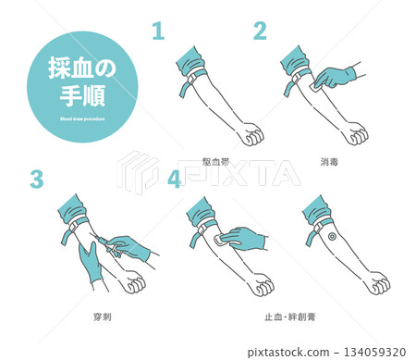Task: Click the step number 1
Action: tap(157, 31)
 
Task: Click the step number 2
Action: tap(261, 31)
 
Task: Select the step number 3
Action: tap(36, 180)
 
